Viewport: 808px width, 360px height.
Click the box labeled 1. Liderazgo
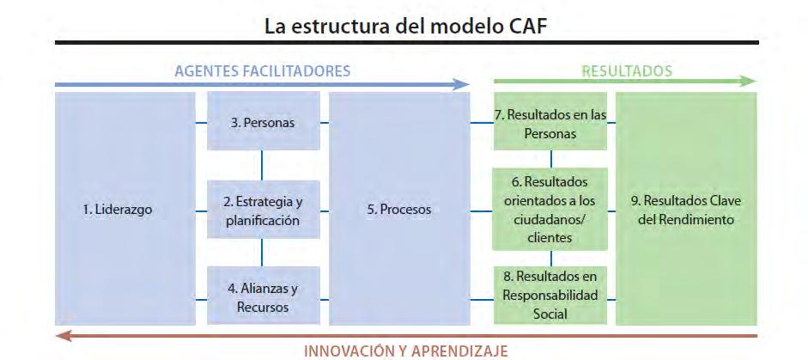(125, 209)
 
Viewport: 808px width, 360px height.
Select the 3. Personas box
(263, 122)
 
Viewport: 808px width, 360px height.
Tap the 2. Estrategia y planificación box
(263, 210)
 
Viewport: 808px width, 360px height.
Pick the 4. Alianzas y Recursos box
(263, 296)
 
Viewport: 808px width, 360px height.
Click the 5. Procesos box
(398, 209)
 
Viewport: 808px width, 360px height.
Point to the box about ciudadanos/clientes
(550, 210)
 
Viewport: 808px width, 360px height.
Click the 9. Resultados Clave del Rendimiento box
(685, 209)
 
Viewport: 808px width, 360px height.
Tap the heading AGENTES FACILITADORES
(263, 71)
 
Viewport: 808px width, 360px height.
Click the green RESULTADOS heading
(627, 70)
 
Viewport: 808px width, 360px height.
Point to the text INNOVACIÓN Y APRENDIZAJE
(406, 351)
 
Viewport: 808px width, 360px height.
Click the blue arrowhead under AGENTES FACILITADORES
(463, 84)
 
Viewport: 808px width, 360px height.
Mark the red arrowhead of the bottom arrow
(61, 335)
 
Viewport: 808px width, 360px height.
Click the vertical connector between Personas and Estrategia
(263, 165)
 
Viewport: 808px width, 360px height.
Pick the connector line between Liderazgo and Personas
(202, 123)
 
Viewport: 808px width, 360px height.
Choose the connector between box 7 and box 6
(550, 158)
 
